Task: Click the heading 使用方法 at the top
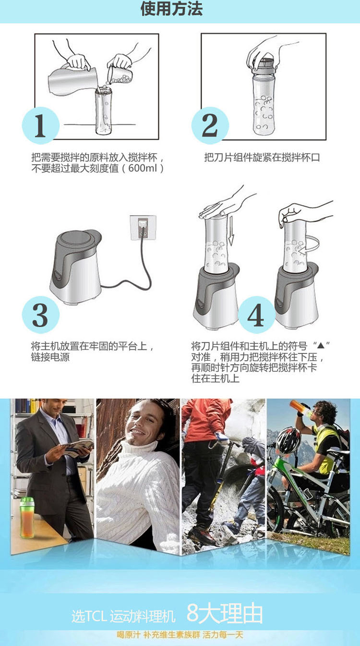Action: [171, 9]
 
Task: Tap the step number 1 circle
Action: [41, 125]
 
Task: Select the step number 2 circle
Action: [210, 125]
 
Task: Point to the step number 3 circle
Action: [41, 315]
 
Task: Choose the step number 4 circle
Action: [256, 315]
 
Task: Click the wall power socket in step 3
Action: [143, 228]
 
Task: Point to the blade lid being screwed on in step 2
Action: [264, 65]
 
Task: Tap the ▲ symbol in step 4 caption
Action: [321, 345]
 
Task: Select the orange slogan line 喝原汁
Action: [129, 634]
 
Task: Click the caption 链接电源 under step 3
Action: [50, 357]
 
